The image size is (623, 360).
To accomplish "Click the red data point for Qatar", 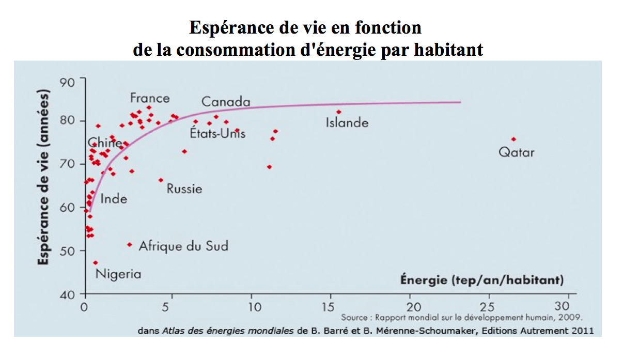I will point(513,139).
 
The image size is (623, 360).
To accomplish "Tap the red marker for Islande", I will point(339,112).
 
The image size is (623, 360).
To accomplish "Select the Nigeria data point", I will point(96,262).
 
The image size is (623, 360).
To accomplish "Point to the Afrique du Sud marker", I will point(130,245).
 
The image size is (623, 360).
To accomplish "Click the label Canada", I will point(226,102).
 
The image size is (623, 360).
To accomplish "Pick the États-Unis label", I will point(217,134).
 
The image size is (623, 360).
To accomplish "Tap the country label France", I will point(150,98).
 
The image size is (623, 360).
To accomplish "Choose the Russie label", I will point(184,189).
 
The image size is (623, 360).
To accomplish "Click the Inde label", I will point(114,199).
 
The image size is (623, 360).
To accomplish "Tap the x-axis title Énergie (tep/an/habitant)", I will point(482,280).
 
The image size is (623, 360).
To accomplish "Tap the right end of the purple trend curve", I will point(460,102).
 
